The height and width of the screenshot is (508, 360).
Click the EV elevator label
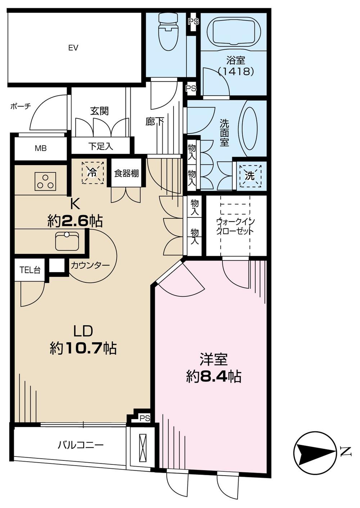pyautogui.click(x=73, y=47)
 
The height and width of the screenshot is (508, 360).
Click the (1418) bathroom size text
pyautogui.click(x=236, y=71)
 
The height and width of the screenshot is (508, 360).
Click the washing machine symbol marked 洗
pyautogui.click(x=250, y=176)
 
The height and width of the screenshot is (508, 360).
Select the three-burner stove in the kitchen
pyautogui.click(x=46, y=181)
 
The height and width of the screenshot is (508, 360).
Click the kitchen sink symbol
pyautogui.click(x=67, y=241)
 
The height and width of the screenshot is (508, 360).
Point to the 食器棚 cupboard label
pyautogui.click(x=126, y=173)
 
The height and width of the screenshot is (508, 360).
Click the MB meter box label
pyautogui.click(x=41, y=148)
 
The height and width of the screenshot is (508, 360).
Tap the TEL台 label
pyautogui.click(x=30, y=270)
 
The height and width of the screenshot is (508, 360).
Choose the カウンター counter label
pyautogui.click(x=90, y=266)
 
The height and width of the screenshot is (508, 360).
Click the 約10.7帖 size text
pyautogui.click(x=83, y=348)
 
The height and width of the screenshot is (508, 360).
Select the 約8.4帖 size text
pyautogui.click(x=214, y=376)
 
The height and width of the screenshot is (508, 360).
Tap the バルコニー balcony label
pyautogui.click(x=81, y=445)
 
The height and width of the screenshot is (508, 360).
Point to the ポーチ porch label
pyautogui.click(x=21, y=106)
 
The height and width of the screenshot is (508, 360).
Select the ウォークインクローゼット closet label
pyautogui.click(x=235, y=226)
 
